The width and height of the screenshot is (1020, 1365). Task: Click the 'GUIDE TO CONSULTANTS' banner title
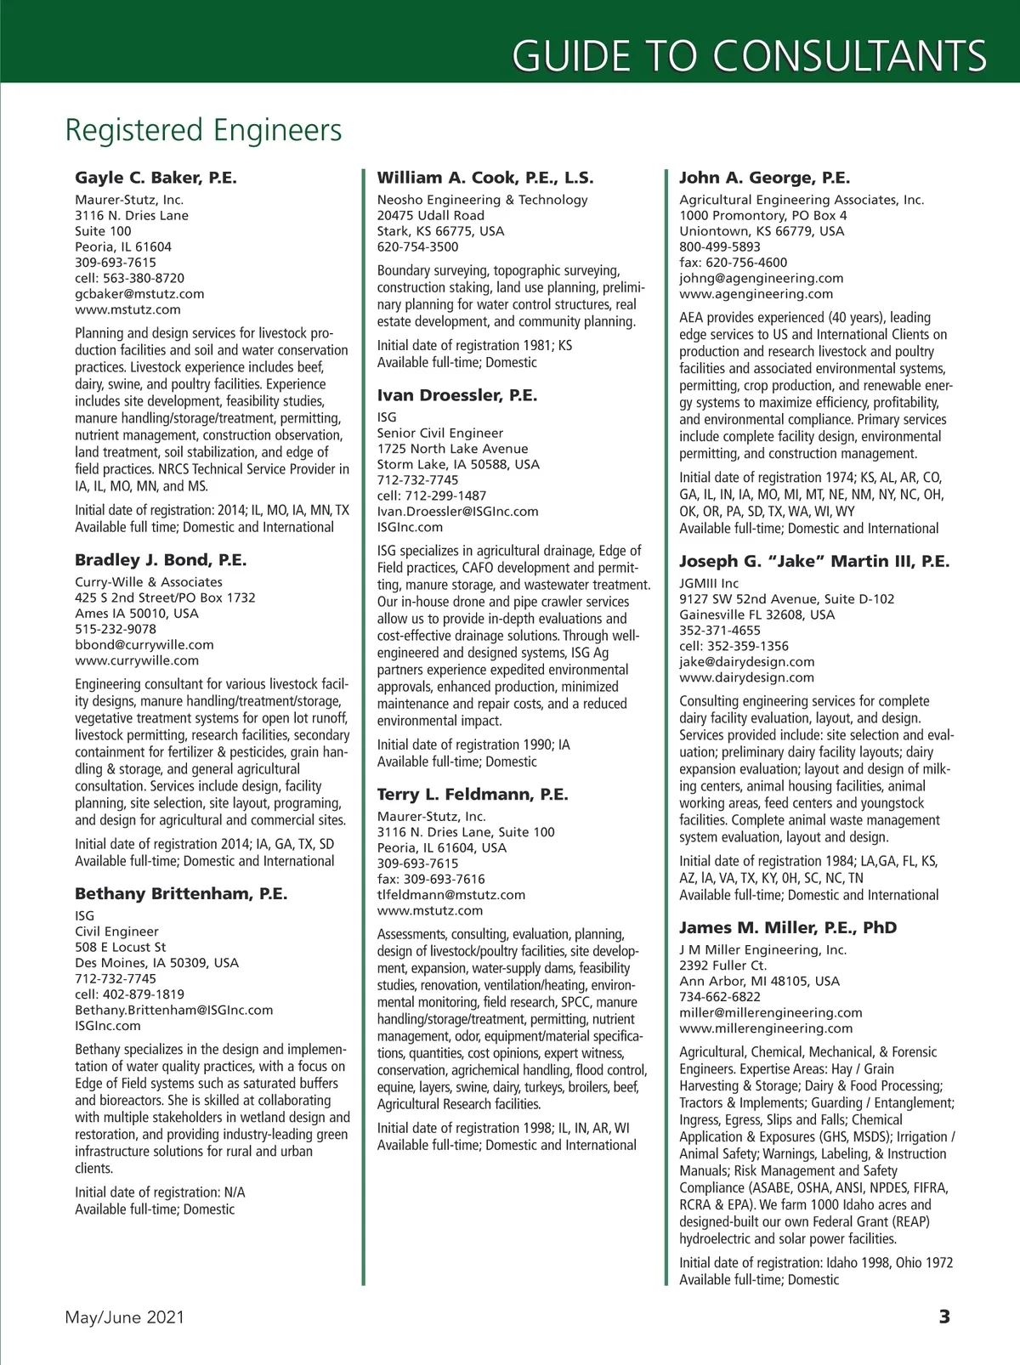point(749,55)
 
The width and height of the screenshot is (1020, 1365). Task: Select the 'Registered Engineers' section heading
point(203,131)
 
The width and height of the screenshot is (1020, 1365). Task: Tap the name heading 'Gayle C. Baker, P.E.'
point(156,178)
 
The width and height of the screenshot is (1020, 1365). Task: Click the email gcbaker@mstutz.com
point(139,294)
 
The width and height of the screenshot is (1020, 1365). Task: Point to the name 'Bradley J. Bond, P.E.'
point(161,560)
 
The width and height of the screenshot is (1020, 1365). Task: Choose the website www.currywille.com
point(137,660)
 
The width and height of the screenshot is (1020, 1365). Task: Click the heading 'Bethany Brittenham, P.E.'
point(181,894)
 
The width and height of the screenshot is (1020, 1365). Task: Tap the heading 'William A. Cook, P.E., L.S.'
point(485,178)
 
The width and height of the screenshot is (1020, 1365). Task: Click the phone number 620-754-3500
point(417,247)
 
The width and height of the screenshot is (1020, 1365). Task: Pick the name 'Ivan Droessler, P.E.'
point(457,395)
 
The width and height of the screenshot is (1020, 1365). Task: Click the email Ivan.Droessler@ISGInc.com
point(457,512)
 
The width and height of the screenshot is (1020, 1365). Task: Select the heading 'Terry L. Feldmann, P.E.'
point(473,795)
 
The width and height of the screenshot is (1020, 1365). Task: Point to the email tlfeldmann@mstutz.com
point(451,895)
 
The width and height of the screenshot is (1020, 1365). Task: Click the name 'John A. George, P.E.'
point(764,178)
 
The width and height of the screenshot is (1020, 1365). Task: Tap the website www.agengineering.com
point(756,294)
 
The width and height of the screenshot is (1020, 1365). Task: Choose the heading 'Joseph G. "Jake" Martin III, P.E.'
point(814,561)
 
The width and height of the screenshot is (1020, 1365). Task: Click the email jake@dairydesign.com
point(746,662)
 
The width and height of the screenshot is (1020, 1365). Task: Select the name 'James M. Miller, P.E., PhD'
point(788,927)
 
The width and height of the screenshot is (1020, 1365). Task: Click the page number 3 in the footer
point(944,1317)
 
